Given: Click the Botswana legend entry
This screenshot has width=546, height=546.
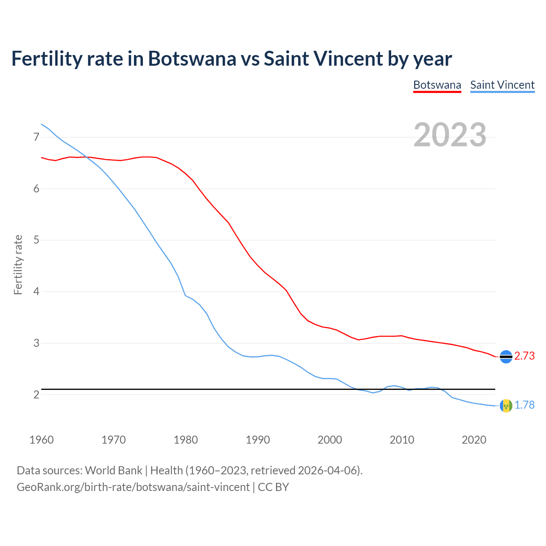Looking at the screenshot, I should [437, 85].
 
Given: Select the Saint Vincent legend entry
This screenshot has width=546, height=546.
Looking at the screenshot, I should [502, 85].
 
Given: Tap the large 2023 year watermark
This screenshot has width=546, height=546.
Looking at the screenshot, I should [450, 135].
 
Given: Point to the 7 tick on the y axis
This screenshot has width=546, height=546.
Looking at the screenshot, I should [36, 137].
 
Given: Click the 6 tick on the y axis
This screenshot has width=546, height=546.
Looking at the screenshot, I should [36, 189].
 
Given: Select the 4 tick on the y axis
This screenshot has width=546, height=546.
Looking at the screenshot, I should [36, 292].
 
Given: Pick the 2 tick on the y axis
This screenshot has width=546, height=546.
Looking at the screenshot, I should [36, 395].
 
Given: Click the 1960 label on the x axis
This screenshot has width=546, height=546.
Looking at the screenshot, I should [41, 440].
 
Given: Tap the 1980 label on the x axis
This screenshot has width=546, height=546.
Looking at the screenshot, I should [186, 440].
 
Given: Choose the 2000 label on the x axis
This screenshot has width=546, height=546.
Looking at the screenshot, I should [330, 440].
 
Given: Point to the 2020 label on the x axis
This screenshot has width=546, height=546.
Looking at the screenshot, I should [474, 440].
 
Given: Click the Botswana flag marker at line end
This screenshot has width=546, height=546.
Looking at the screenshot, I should [506, 357].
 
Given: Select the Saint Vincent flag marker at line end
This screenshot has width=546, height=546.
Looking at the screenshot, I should [506, 406].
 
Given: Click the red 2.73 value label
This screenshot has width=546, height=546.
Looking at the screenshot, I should [524, 356].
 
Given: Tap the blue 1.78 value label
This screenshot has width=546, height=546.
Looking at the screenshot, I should [524, 405].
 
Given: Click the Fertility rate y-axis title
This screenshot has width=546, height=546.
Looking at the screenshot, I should [18, 264].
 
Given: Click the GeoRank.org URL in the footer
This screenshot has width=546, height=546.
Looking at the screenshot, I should [133, 487].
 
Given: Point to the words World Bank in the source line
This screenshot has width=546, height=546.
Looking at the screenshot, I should [113, 470].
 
